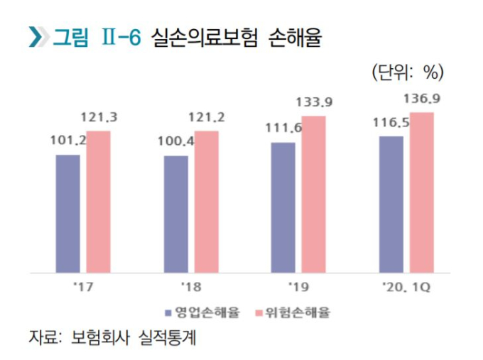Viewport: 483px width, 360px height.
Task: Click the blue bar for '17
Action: pos(67,213)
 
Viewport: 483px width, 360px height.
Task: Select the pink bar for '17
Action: pos(99,202)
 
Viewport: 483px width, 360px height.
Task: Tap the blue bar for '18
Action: pos(175,214)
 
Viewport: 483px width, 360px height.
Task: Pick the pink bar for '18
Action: pos(207,202)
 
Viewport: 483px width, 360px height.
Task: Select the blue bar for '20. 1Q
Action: pos(391,204)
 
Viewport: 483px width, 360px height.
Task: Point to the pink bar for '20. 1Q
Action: pos(422,192)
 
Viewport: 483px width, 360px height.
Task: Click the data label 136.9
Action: pos(422,100)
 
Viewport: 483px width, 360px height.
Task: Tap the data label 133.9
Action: pos(314,102)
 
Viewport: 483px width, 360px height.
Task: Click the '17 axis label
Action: pos(83,287)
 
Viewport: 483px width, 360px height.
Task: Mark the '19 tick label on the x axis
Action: pos(298,287)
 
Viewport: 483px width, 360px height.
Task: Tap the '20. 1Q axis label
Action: pos(407,287)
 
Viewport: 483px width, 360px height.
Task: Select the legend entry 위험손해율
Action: pos(295,312)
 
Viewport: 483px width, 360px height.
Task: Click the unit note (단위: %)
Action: pos(407,70)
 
